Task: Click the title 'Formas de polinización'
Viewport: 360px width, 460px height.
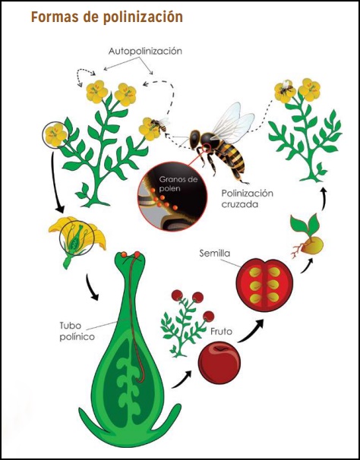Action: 107,17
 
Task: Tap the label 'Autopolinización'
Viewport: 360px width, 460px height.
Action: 145,51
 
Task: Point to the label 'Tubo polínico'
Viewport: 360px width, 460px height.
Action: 77,331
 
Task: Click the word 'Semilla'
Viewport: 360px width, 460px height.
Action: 215,254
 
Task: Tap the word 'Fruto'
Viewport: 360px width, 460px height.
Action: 221,332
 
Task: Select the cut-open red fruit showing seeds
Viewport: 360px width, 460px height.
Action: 264,285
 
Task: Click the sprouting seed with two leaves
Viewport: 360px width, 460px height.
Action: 307,237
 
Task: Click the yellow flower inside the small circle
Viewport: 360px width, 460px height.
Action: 55,135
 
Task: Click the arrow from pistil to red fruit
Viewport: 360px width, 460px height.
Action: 182,380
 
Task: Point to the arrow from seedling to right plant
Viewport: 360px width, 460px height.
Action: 324,199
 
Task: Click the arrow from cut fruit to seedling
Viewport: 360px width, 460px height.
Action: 307,266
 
